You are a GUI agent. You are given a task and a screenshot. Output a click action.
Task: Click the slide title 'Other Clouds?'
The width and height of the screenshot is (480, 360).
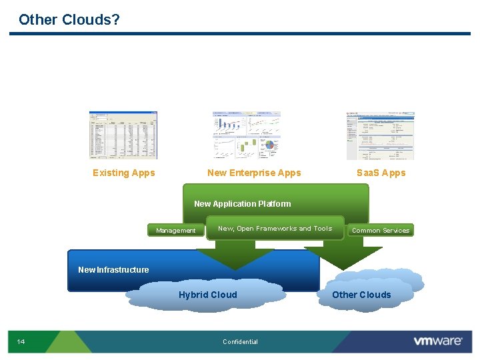[x=69, y=20]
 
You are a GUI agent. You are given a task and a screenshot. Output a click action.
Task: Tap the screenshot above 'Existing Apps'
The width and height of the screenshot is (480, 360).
[x=123, y=135]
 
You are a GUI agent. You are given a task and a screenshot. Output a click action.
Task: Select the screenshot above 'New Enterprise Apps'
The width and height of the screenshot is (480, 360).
[x=247, y=135]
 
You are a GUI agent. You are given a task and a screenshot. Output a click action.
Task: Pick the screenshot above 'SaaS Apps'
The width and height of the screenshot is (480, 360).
[x=380, y=135]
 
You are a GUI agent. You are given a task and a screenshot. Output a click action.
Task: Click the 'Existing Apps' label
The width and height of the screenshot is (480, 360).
[x=123, y=173]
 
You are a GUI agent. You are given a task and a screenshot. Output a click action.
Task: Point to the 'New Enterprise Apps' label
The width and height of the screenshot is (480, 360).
[x=254, y=173]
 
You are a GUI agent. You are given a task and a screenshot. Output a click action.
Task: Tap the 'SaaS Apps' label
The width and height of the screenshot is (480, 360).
[x=381, y=173]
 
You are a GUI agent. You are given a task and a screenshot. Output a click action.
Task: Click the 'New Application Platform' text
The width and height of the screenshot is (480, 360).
[x=242, y=204]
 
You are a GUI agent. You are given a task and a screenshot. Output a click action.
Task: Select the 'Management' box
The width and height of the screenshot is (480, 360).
[x=176, y=231]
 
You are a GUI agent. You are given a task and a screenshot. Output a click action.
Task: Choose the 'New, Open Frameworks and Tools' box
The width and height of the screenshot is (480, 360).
[x=275, y=229]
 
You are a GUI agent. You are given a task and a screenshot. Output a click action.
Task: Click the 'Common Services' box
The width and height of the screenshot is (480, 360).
[x=381, y=231]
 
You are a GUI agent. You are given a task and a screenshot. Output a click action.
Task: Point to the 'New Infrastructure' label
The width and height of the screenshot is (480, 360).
[x=113, y=270]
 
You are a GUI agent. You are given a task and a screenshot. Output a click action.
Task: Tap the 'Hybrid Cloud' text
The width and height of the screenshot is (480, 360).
[x=207, y=295]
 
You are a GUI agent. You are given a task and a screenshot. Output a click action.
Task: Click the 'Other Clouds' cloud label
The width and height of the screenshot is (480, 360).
[x=361, y=295]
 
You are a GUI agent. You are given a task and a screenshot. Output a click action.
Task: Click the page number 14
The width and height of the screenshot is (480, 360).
[x=21, y=342]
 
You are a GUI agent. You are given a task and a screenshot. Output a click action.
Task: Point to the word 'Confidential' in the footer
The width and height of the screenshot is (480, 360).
[x=240, y=342]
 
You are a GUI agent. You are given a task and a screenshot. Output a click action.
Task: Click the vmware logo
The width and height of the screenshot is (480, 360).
[x=437, y=341]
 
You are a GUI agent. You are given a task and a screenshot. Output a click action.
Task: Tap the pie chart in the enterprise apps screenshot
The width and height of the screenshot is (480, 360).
[x=270, y=146]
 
